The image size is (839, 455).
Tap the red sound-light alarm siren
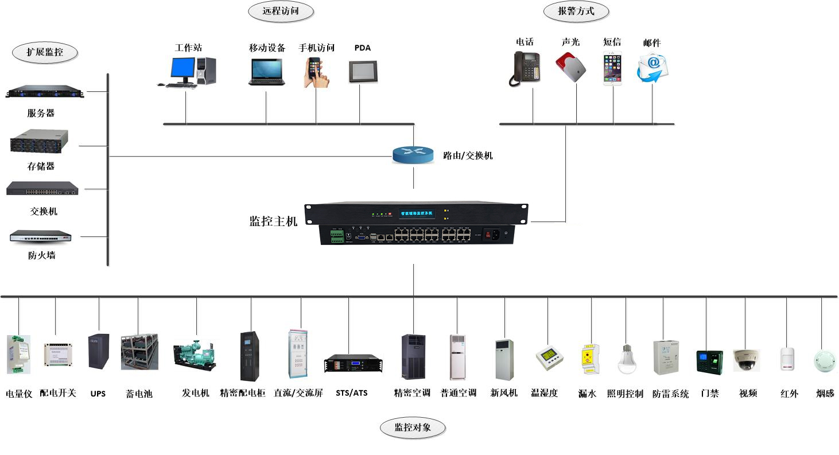click(x=572, y=67)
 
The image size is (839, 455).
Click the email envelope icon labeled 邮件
click(x=652, y=68)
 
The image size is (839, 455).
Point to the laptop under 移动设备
click(x=266, y=72)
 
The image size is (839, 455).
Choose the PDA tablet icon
click(x=362, y=71)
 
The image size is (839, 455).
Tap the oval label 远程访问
click(x=281, y=11)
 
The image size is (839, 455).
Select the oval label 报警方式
click(x=576, y=11)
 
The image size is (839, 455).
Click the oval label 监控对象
click(x=413, y=427)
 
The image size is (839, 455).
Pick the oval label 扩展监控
click(x=45, y=52)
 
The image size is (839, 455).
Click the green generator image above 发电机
click(x=196, y=355)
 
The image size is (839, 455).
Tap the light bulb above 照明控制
click(x=627, y=358)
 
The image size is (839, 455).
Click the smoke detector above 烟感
click(x=825, y=360)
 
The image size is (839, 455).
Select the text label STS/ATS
click(x=351, y=393)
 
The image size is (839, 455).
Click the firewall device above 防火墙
click(x=41, y=236)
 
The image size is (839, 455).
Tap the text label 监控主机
click(x=273, y=221)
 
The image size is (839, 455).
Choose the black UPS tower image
click(x=98, y=352)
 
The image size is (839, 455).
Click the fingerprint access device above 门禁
click(x=709, y=361)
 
